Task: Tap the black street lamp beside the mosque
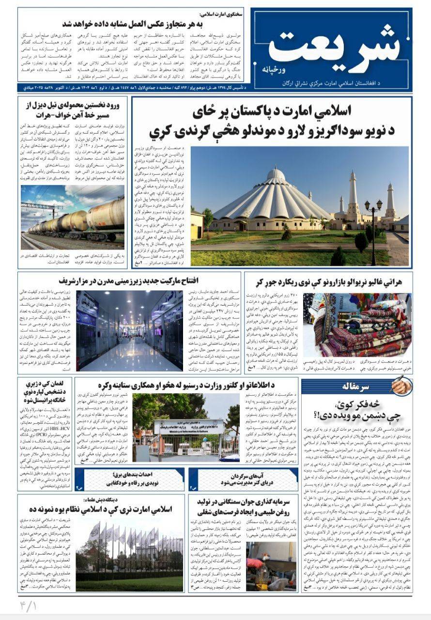[x=373, y=228]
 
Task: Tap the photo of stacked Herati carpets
[x=357, y=324]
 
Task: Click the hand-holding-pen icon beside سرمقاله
[x=400, y=386]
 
